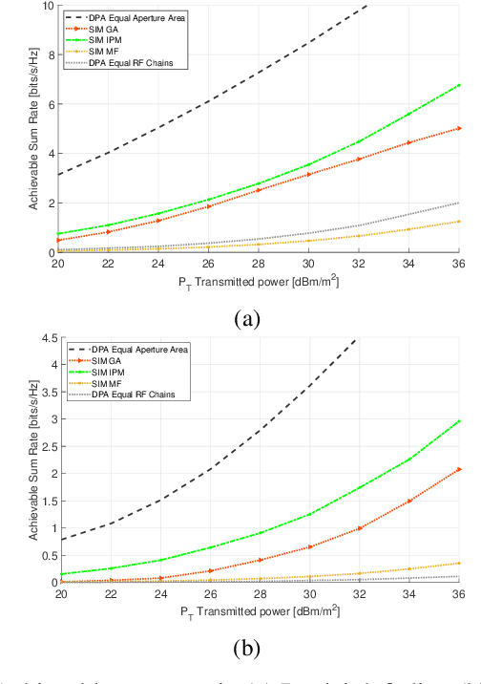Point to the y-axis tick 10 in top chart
click(x=49, y=6)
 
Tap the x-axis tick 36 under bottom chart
click(x=459, y=594)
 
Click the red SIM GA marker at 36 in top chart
click(x=459, y=128)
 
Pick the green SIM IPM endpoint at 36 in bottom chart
click(x=459, y=420)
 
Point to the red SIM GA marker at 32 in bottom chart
click(x=359, y=528)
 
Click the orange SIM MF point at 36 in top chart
click(x=459, y=222)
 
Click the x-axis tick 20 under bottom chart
click(x=59, y=594)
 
